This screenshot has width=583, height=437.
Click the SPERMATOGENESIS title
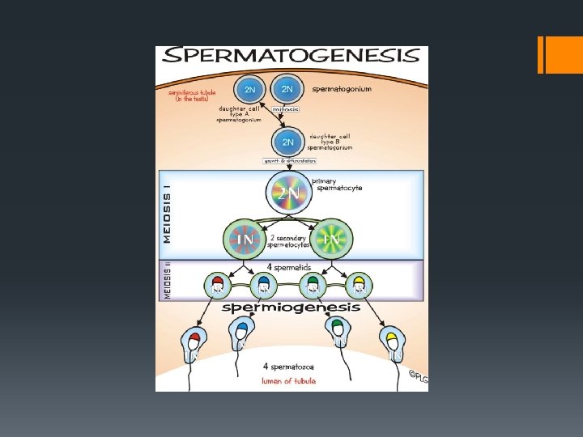(291, 56)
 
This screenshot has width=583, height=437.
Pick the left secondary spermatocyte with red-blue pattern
(245, 239)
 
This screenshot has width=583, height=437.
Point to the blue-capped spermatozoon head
(240, 332)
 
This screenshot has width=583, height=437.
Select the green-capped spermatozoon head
(337, 330)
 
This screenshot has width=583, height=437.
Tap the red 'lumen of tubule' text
(287, 380)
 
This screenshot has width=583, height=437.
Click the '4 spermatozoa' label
(287, 367)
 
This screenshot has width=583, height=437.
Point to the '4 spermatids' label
(288, 265)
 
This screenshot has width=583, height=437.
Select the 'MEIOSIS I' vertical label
(168, 212)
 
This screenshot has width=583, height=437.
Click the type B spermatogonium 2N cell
(287, 142)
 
